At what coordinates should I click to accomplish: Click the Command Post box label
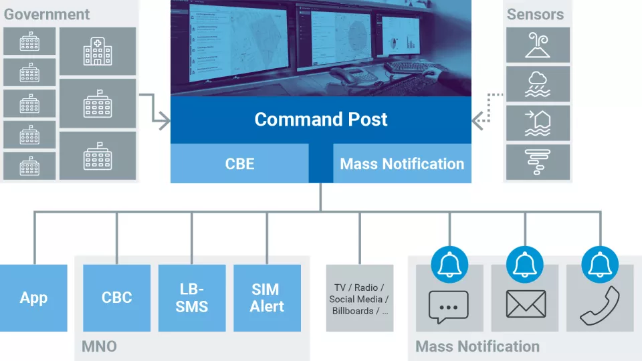coord(321,120)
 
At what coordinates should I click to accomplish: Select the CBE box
coord(239,164)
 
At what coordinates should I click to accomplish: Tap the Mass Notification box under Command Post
coord(402,164)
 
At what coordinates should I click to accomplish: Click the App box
coord(33,298)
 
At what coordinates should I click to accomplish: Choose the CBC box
coord(117,298)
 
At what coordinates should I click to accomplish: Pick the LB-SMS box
coord(192,298)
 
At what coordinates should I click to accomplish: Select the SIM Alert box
coord(267,298)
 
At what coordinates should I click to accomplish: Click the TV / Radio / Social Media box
coord(359,299)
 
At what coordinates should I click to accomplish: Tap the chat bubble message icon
coord(449,307)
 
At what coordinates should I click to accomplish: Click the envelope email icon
coord(525,305)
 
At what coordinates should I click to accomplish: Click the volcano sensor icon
coord(538,45)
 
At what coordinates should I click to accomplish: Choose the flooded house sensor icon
coord(538,123)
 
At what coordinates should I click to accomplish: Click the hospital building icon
coord(98,51)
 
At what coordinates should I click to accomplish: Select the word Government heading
coord(47,14)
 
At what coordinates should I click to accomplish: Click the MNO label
coord(98,346)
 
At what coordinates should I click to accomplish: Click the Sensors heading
coord(535,14)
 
